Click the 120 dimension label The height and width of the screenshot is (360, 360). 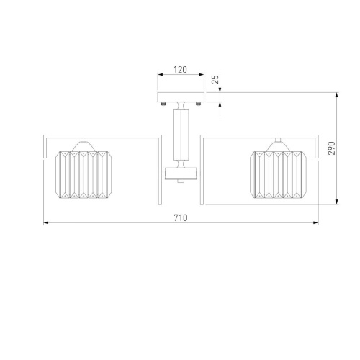[180, 70]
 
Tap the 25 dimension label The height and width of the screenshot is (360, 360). [216, 79]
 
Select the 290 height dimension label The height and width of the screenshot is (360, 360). [331, 148]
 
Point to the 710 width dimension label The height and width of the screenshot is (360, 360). [181, 217]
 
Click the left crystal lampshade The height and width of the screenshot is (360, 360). [84, 175]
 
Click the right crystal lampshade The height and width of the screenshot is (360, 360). [278, 175]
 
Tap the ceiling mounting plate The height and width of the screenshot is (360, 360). [181, 97]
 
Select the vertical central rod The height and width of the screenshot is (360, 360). [181, 135]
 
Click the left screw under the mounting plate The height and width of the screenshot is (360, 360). [163, 104]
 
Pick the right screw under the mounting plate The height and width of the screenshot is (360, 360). [198, 104]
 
